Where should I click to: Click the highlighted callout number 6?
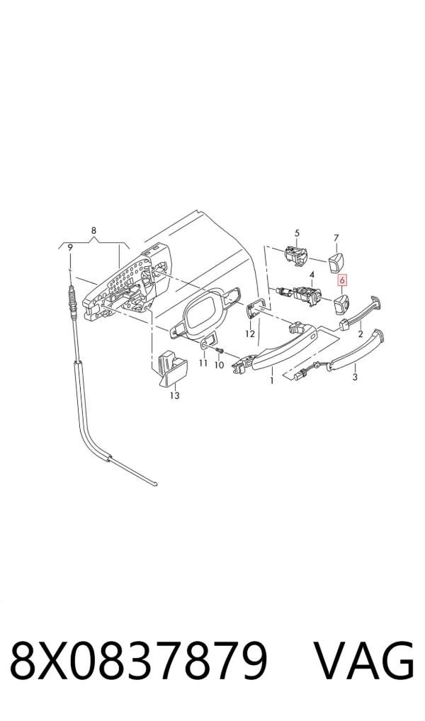(342, 280)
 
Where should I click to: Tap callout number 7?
(336, 238)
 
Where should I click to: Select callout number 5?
(297, 233)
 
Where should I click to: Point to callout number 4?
(312, 275)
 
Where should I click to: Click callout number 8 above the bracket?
(93, 230)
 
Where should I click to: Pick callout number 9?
(70, 247)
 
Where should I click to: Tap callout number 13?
(175, 395)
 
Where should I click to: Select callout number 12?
(250, 334)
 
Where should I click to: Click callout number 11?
(203, 364)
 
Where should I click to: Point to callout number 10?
(219, 365)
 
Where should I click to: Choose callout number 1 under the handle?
(272, 380)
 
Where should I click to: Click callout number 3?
(355, 377)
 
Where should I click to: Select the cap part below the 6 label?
(341, 303)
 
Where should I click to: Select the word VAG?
(364, 660)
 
